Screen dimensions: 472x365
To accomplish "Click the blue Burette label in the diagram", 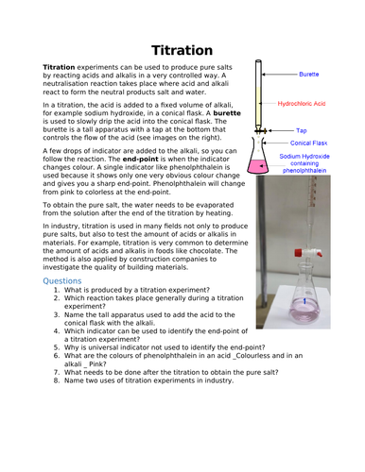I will coord(308,73).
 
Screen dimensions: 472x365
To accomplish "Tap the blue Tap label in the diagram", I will coord(302,130).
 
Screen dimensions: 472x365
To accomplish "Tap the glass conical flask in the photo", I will coord(306,299).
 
